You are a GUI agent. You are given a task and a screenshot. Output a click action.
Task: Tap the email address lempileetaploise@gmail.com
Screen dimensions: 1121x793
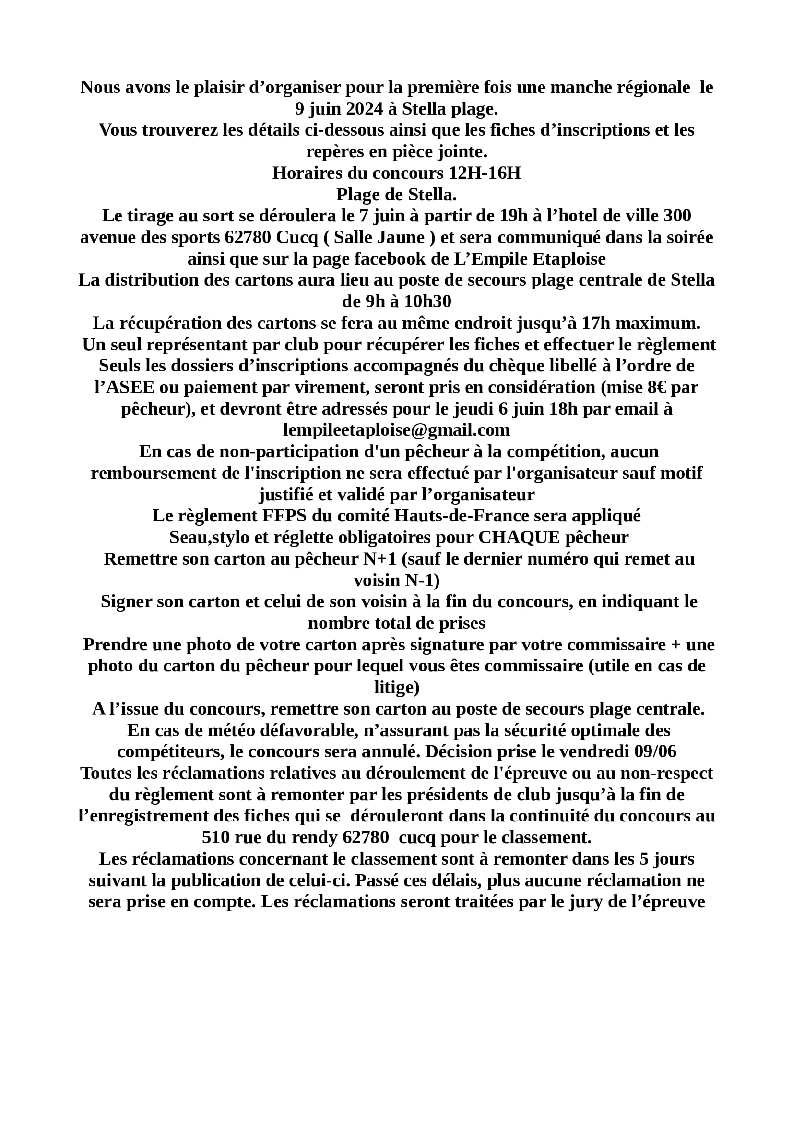point(396,429)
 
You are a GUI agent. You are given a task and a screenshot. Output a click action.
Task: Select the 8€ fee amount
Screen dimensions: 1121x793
point(658,387)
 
